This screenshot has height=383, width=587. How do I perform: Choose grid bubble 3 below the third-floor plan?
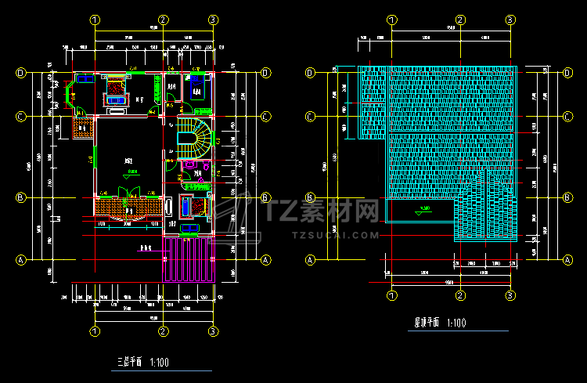click(214, 331)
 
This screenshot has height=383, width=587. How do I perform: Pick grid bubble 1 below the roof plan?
click(391, 295)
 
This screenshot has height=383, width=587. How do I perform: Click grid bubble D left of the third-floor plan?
click(22, 74)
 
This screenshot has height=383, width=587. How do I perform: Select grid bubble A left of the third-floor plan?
click(22, 259)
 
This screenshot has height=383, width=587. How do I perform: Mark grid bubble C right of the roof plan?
click(567, 117)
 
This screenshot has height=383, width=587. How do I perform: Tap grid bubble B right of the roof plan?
click(567, 197)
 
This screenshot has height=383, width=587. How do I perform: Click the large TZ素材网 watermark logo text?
click(322, 211)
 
